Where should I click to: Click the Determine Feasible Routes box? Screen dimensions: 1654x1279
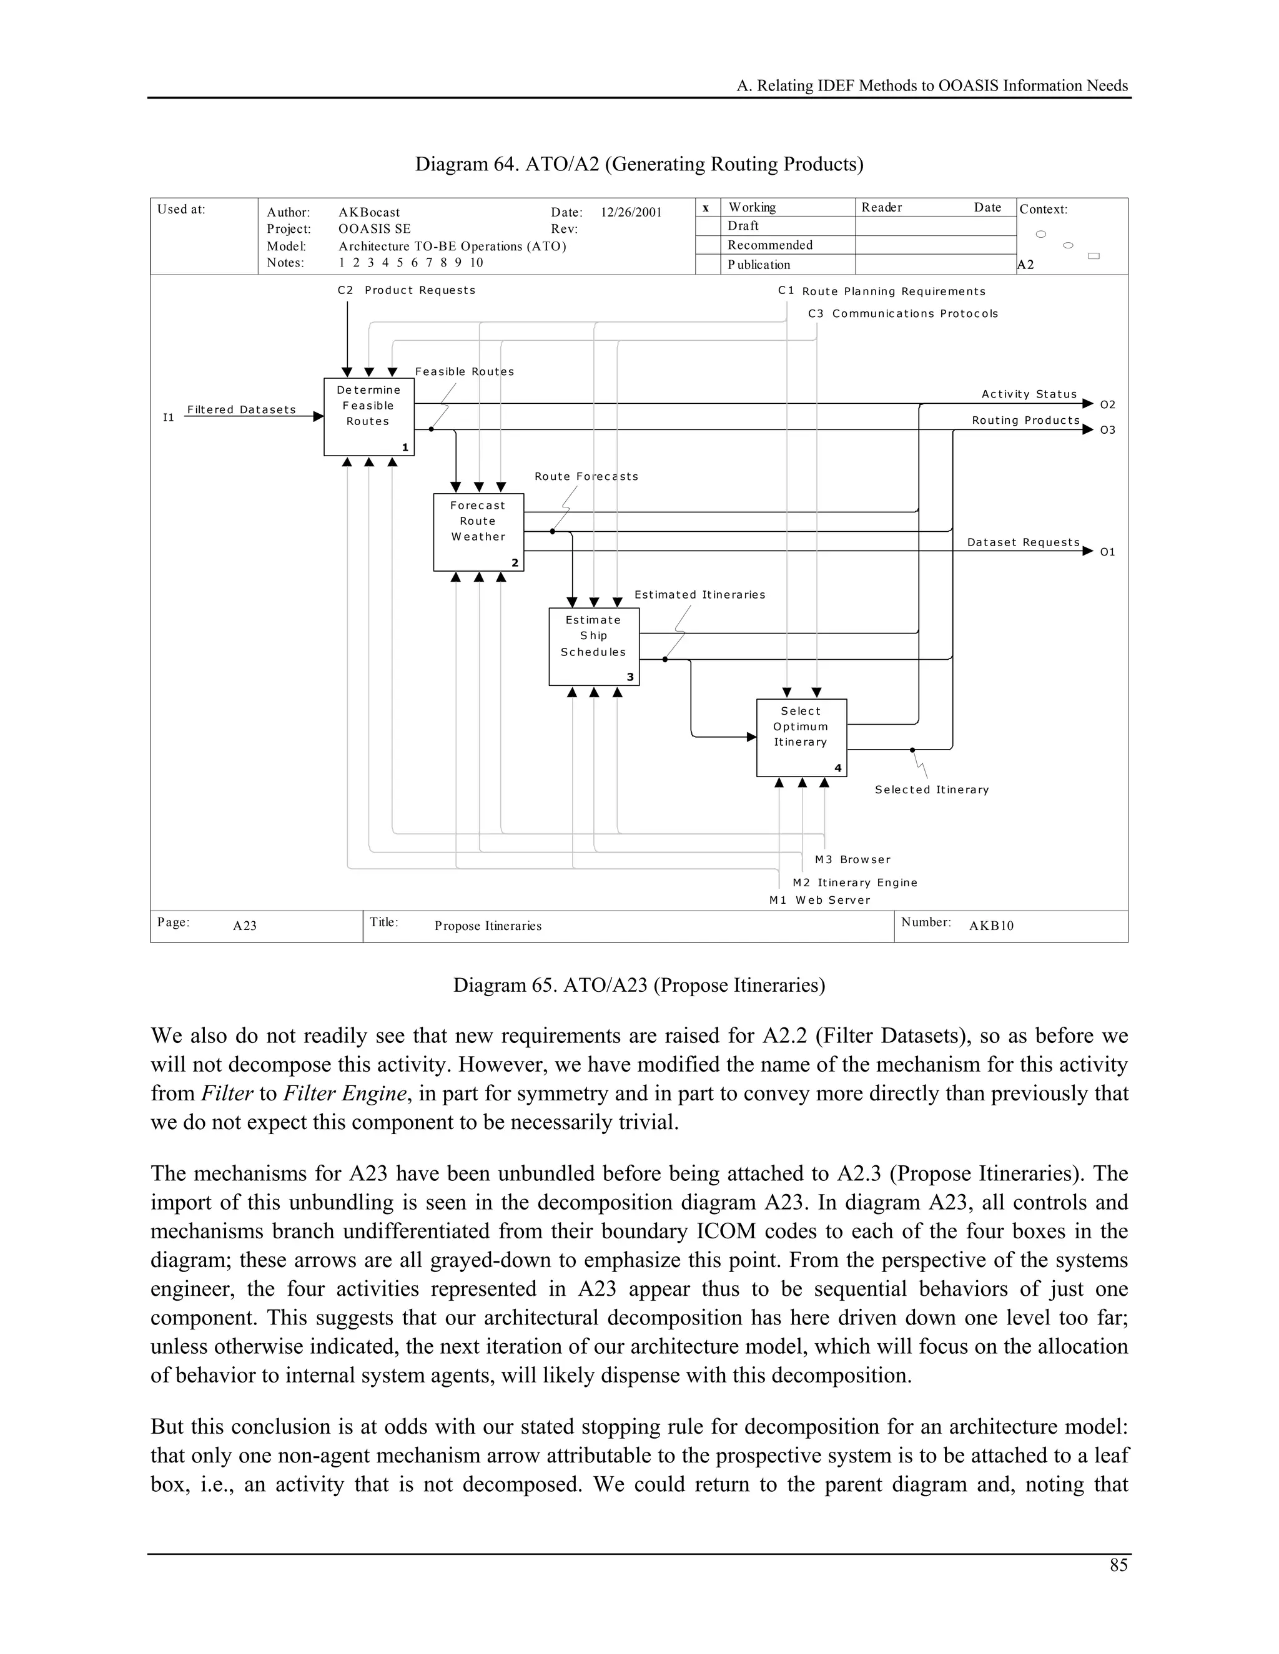[x=368, y=416]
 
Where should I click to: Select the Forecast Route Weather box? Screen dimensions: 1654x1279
[x=478, y=531]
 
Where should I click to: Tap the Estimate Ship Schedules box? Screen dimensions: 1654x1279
[x=593, y=646]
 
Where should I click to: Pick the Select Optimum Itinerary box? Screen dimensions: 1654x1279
[x=801, y=737]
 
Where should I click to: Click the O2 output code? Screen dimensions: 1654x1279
[x=1107, y=404]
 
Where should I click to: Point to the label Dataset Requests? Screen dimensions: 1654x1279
[x=1023, y=542]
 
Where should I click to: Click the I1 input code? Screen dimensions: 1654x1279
[x=168, y=418]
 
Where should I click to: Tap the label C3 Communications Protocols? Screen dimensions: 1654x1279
[x=902, y=313]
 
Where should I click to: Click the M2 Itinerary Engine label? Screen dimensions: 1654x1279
[x=855, y=883]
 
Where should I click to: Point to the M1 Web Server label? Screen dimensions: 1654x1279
[x=820, y=899]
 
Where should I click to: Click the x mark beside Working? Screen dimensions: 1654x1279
[x=706, y=207]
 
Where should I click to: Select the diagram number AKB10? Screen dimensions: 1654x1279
[x=991, y=926]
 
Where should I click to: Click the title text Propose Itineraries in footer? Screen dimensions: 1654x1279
[x=488, y=926]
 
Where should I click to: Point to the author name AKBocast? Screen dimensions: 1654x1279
[x=369, y=212]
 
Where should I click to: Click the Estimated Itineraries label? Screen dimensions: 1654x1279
[x=699, y=594]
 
